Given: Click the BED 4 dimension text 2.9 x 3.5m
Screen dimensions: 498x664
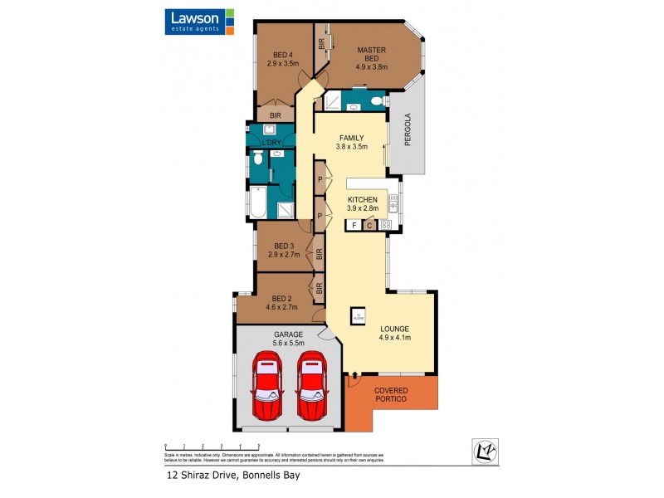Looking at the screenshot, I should pyautogui.click(x=282, y=62).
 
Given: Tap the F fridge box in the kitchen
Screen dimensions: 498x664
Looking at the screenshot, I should pyautogui.click(x=354, y=225).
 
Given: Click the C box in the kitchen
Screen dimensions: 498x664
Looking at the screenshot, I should pyautogui.click(x=370, y=225).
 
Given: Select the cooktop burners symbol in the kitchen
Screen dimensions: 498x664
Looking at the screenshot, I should pyautogui.click(x=386, y=225).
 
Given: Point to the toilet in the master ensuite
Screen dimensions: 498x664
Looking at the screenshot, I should pyautogui.click(x=377, y=102).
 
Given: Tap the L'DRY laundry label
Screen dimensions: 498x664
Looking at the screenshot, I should pyautogui.click(x=272, y=143).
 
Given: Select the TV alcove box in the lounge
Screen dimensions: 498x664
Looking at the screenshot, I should pyautogui.click(x=359, y=315).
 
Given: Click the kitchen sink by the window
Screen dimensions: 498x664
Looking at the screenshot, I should pyautogui.click(x=393, y=202).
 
